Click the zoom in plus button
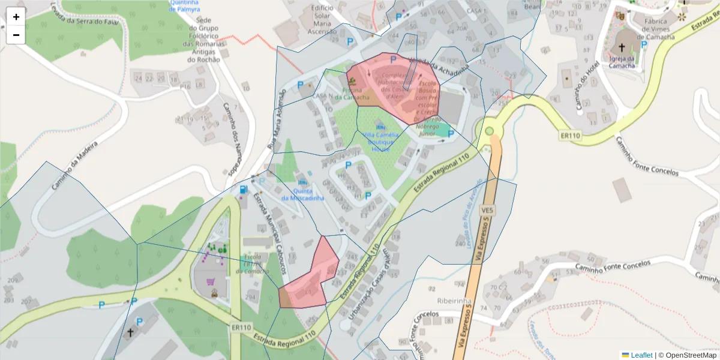[x=16, y=17]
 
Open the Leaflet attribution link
[x=641, y=355]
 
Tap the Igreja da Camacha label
[x=622, y=62]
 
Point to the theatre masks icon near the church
[x=620, y=16]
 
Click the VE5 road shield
[x=487, y=211]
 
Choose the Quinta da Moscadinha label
[x=302, y=194]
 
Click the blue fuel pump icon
[x=243, y=190]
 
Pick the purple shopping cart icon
[x=211, y=281]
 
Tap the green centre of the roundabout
[x=490, y=131]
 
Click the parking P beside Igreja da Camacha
[x=644, y=44]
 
